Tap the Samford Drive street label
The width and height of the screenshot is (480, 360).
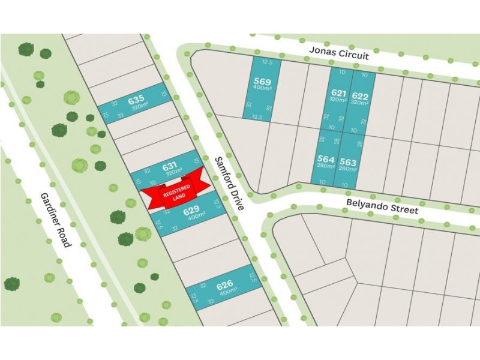pyautogui.click(x=230, y=182)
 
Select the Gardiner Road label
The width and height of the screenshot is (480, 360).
pyautogui.click(x=56, y=220)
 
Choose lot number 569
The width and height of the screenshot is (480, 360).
pyautogui.click(x=262, y=82)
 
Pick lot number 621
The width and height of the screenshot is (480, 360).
pyautogui.click(x=339, y=93)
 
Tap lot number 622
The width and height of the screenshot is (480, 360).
pyautogui.click(x=360, y=95)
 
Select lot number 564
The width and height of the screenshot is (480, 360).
pyautogui.click(x=326, y=159)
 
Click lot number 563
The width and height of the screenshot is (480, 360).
pyautogui.click(x=348, y=161)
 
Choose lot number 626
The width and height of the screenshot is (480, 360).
pyautogui.click(x=224, y=286)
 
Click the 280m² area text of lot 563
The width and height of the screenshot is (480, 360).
pyautogui.click(x=348, y=169)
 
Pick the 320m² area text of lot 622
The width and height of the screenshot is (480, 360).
pyautogui.click(x=360, y=102)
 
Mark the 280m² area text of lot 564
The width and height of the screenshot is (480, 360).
pyautogui.click(x=326, y=166)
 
